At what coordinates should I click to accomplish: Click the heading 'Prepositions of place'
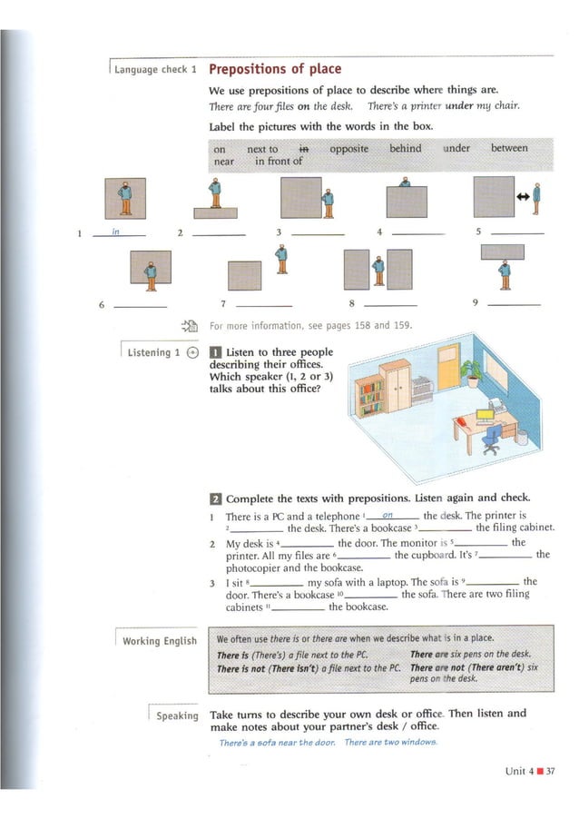tap(275, 69)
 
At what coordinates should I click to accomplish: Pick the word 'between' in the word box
tap(508, 148)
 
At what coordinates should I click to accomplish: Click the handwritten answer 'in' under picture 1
tap(115, 232)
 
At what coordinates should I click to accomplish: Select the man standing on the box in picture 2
tap(215, 193)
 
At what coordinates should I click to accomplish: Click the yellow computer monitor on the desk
tap(486, 416)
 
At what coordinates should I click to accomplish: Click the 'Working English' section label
tap(159, 641)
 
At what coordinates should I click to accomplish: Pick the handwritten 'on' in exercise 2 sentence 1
tap(388, 515)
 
